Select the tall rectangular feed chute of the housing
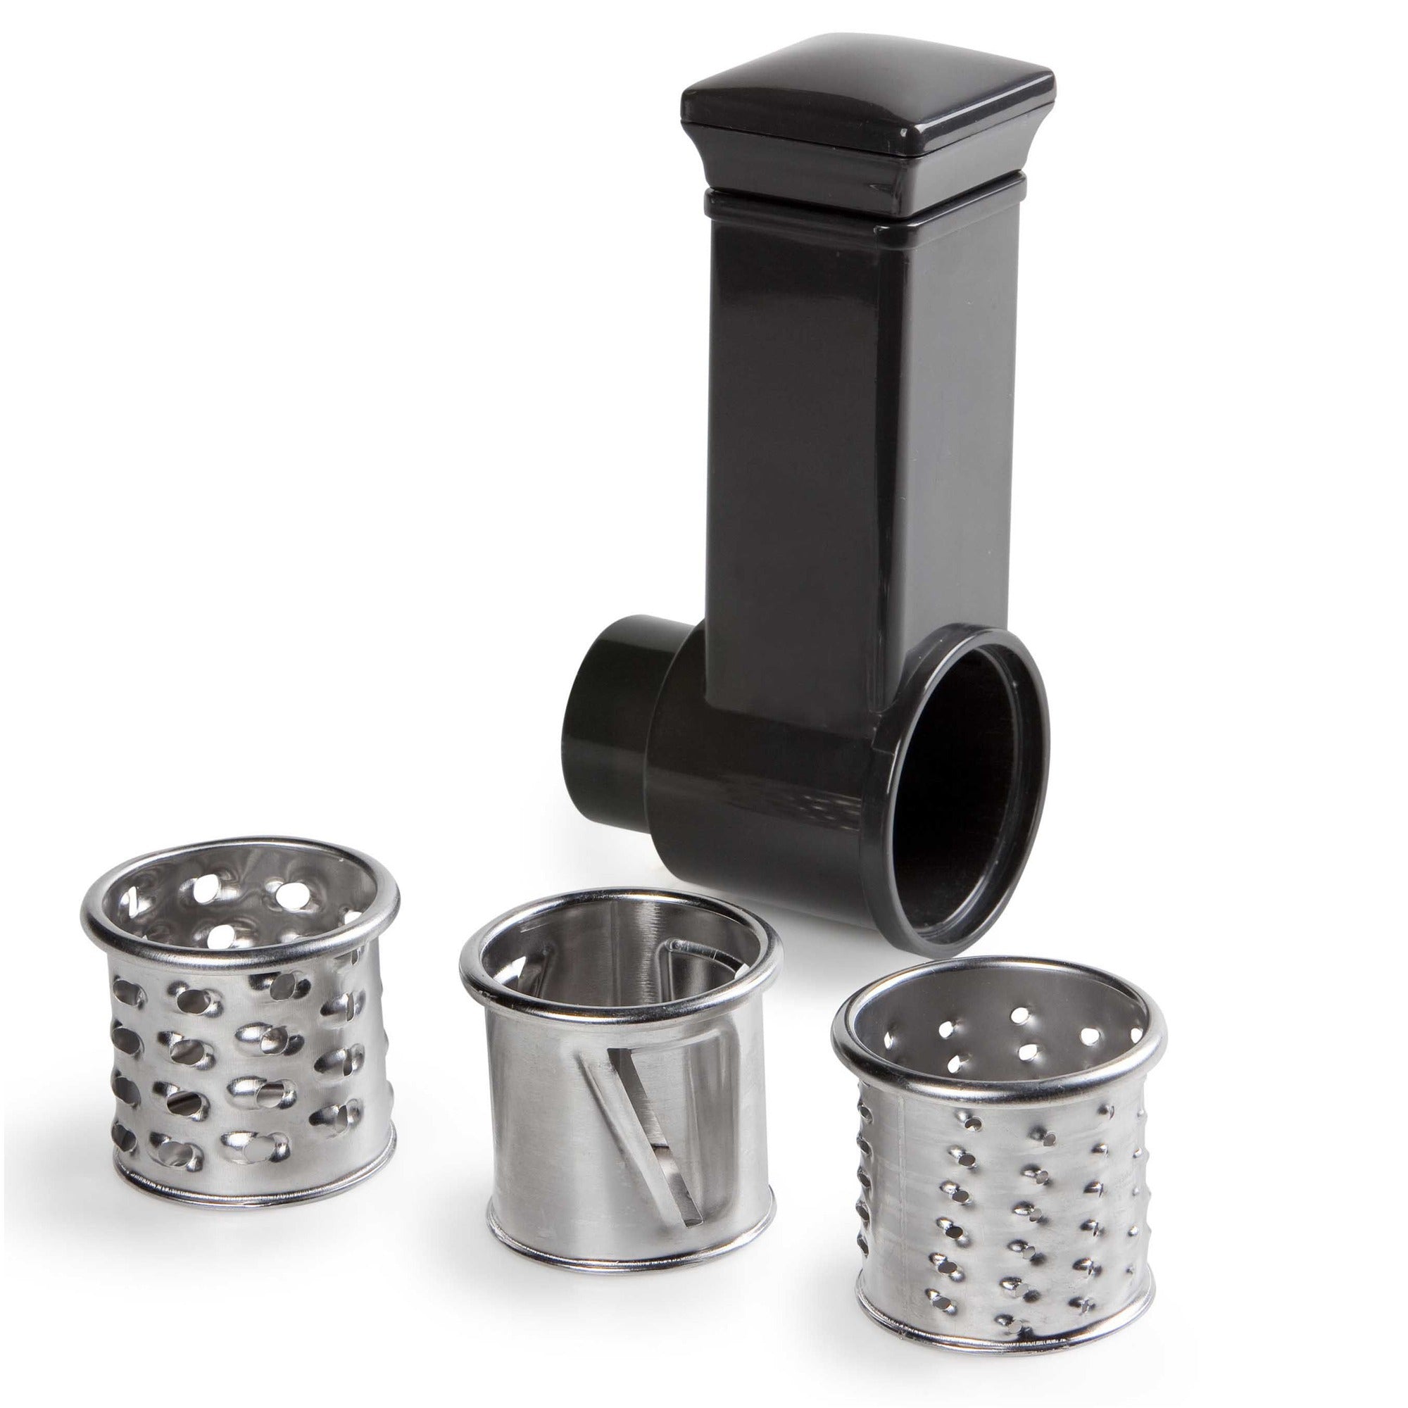pyautogui.click(x=802, y=437)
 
